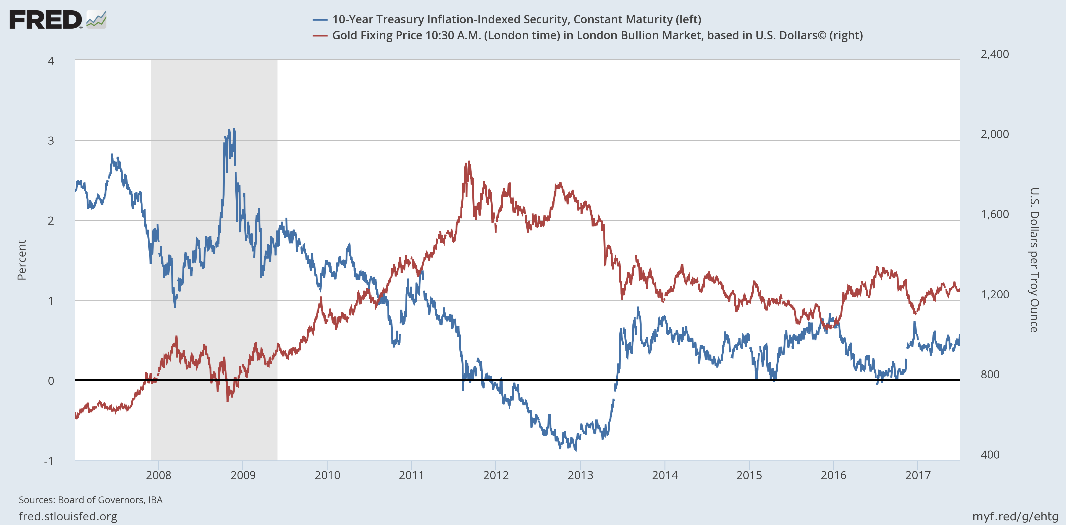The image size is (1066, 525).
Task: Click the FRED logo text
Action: point(46,20)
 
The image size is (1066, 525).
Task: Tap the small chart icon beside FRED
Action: point(96,19)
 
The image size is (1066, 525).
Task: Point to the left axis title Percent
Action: point(22,260)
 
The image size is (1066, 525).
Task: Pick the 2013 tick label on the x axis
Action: point(580,475)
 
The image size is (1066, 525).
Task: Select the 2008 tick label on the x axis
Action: point(158,475)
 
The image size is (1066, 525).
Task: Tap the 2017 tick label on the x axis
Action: point(917,475)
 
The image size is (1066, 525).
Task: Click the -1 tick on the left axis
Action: point(49,461)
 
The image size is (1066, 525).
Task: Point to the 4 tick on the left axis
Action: point(51,61)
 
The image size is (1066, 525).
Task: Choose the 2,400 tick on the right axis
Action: point(994,54)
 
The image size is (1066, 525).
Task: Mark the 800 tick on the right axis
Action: point(990,374)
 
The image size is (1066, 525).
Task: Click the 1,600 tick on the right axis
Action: point(994,214)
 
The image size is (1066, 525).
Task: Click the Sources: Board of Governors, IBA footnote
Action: point(91,500)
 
